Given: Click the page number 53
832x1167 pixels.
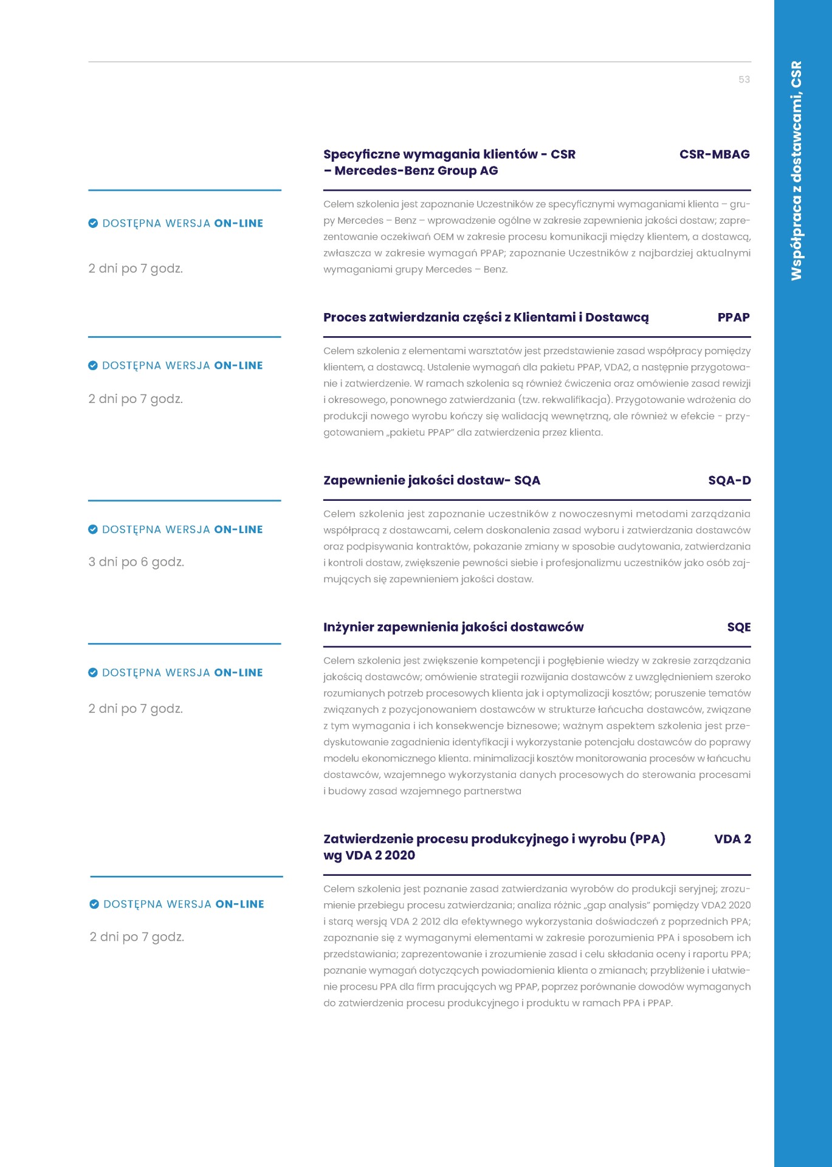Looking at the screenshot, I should (x=744, y=80).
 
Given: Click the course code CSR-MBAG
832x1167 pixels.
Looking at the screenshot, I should (x=714, y=154).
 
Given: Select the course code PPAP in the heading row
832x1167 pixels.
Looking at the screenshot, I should (x=733, y=317).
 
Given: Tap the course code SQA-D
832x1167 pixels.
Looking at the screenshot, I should (x=729, y=481).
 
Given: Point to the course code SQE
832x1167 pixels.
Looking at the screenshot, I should (x=738, y=627).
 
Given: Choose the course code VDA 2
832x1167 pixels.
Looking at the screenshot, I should (x=732, y=839).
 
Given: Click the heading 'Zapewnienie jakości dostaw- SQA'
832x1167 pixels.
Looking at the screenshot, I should (x=431, y=481).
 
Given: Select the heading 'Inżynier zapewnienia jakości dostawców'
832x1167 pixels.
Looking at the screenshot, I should (x=453, y=627).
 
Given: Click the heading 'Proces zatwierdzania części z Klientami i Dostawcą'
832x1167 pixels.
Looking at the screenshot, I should (x=486, y=317).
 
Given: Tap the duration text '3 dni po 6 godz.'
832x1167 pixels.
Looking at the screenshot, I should (x=136, y=562).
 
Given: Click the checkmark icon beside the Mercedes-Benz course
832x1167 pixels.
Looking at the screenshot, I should (x=93, y=224).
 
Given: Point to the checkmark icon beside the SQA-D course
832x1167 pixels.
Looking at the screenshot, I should (x=93, y=530).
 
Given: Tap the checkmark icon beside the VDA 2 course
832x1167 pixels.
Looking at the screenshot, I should (x=94, y=904).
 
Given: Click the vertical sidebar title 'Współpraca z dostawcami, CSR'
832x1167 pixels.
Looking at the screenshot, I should (x=796, y=170).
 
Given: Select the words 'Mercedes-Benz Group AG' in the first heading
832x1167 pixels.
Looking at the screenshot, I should (x=416, y=171).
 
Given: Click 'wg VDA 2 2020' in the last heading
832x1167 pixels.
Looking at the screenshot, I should (x=369, y=856).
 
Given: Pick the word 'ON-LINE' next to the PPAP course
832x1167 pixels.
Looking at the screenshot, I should (x=238, y=366).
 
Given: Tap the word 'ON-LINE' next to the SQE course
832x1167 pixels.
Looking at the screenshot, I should (x=238, y=673).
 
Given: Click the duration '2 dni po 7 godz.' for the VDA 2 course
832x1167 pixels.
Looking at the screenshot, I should (x=137, y=937).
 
